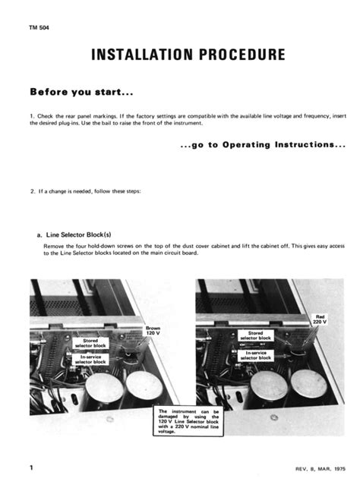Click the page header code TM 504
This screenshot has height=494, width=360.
tap(39, 28)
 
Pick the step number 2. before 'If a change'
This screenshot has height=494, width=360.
tap(33, 190)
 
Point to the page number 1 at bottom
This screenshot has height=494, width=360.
tap(32, 469)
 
